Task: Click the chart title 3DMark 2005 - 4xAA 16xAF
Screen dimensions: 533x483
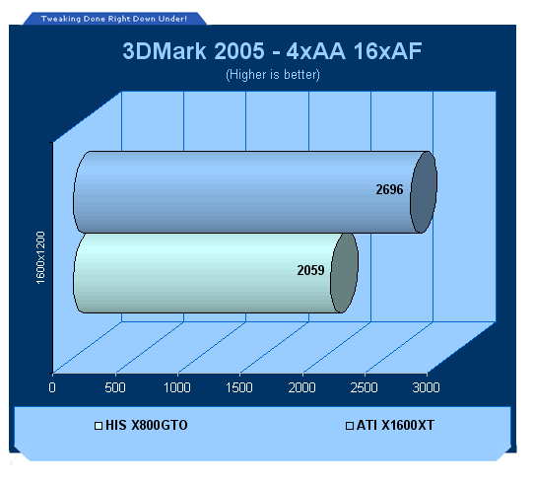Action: pos(272,51)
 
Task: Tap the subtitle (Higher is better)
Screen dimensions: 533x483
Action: pos(273,75)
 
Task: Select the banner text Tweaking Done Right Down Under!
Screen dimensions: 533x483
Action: pos(114,19)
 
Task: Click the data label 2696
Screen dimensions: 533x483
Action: pos(389,189)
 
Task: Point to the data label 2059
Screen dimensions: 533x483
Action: pos(310,270)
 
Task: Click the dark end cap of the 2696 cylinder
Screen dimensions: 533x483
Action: pos(424,192)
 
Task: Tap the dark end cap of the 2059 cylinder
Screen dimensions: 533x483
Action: pos(344,273)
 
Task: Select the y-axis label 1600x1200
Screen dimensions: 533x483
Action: pos(40,257)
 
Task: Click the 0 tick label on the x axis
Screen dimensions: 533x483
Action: pos(52,387)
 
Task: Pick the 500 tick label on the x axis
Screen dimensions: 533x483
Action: pos(115,387)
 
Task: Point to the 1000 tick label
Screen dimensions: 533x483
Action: pos(177,387)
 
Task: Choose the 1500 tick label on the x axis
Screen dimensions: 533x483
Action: pos(239,387)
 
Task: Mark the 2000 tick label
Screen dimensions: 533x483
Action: pos(301,387)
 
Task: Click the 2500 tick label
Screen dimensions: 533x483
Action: pos(365,387)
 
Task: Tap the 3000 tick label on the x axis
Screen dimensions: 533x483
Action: pos(427,387)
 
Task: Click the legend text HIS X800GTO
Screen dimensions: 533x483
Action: pos(147,425)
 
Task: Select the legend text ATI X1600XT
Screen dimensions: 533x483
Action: pos(395,425)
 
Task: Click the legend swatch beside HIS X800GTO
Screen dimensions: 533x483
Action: pos(99,426)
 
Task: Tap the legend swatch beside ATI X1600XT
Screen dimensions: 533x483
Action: pos(350,426)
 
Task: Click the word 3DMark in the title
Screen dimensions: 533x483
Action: pos(165,51)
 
